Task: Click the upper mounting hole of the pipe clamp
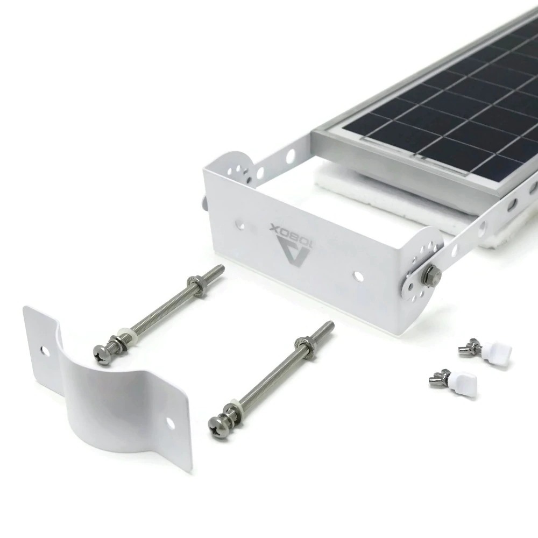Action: tap(44, 350)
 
